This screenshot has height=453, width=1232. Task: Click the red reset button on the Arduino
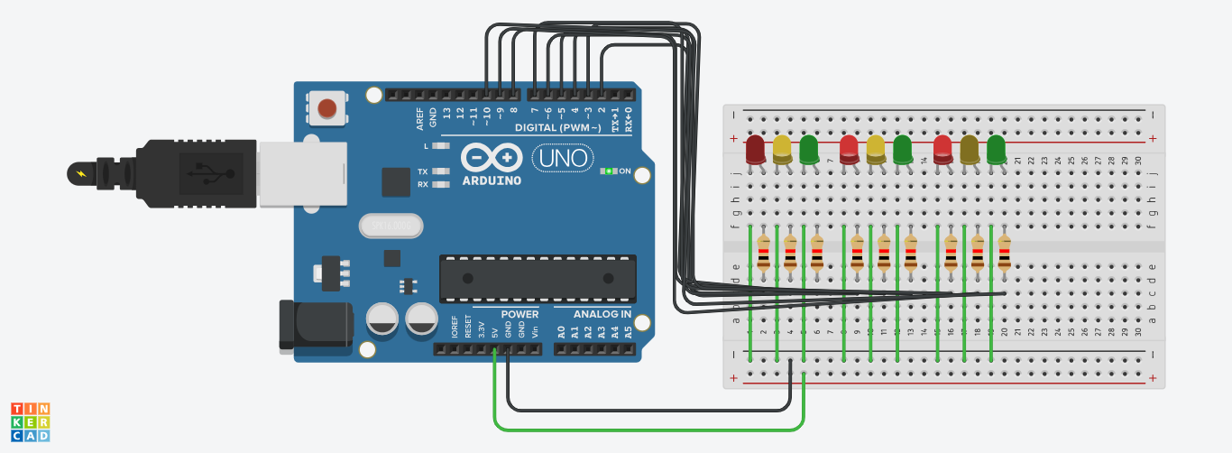click(x=327, y=109)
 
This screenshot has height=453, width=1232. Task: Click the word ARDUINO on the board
click(x=492, y=180)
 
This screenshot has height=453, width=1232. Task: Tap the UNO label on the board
click(x=562, y=159)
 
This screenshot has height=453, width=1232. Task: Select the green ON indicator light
click(x=609, y=171)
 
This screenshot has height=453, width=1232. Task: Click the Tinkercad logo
click(x=30, y=422)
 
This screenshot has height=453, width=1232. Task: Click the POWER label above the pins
click(x=519, y=314)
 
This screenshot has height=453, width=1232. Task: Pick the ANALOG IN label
click(x=602, y=314)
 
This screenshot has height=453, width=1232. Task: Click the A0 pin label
click(x=561, y=331)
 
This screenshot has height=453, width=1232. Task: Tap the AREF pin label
click(x=419, y=118)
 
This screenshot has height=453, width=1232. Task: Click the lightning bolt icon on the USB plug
click(x=81, y=172)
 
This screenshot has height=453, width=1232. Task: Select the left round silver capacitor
click(x=384, y=319)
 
